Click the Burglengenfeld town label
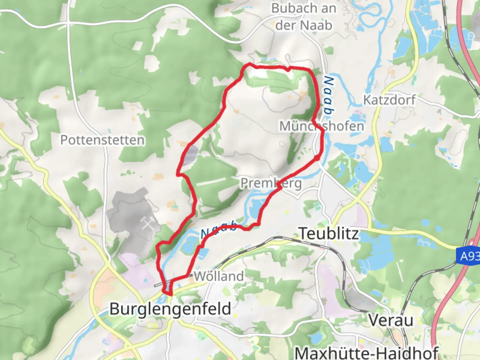[x=170, y=309]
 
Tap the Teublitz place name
[x=329, y=233]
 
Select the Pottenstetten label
[x=102, y=140]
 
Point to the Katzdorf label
[x=389, y=100]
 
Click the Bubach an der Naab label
[x=303, y=17]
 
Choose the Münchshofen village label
[x=321, y=126]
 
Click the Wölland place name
[x=219, y=276]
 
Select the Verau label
[x=391, y=320]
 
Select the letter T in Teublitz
[x=303, y=233]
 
